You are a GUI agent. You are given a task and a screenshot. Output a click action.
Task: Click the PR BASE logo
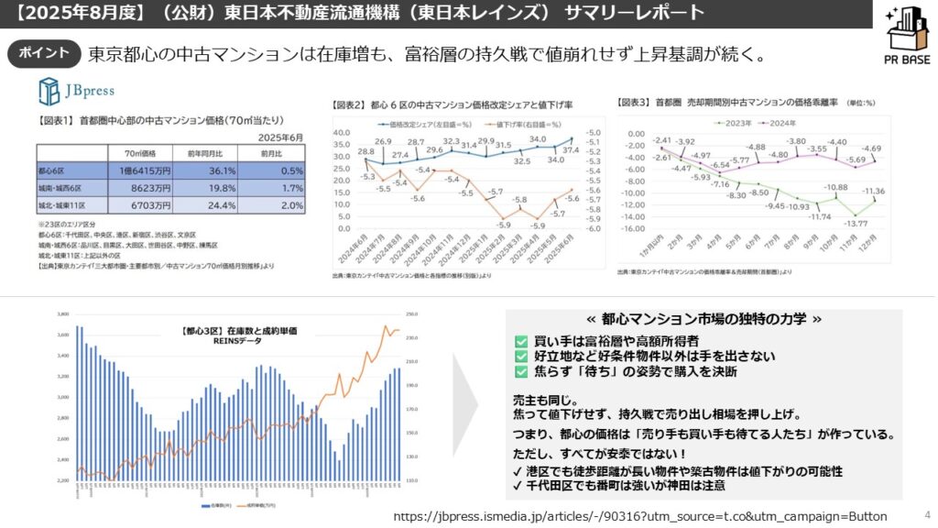point(900,37)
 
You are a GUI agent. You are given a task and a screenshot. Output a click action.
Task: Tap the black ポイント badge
point(45,53)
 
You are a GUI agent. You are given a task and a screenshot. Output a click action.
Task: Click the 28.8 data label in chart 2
point(366,151)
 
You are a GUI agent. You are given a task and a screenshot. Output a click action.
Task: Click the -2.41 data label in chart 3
point(661,138)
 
